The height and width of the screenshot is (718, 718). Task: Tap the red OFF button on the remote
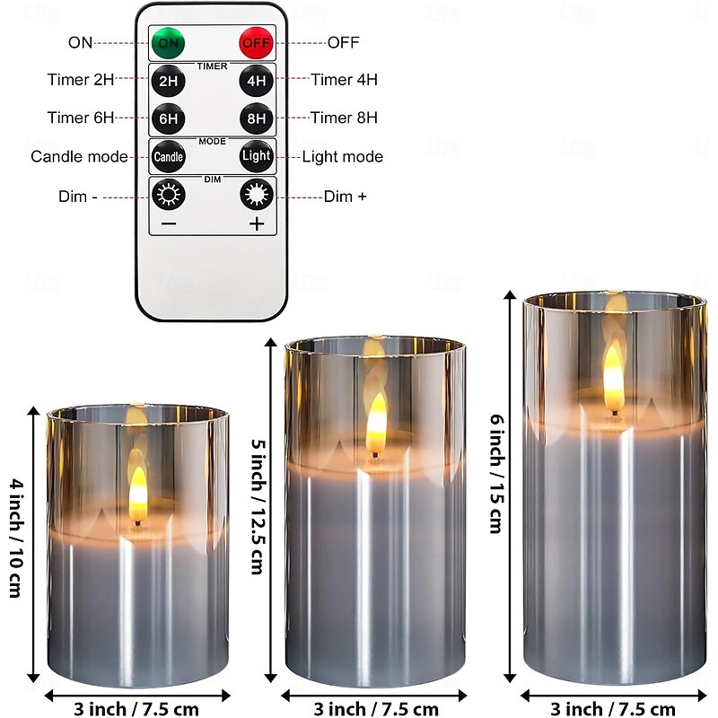pos(256,42)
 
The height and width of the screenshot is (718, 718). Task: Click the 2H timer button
pos(168,81)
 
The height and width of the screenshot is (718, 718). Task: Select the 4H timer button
pos(256,81)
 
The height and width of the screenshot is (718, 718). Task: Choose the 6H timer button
pos(168,118)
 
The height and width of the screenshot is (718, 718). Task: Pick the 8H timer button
pos(256,118)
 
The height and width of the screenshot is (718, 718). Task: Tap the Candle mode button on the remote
pos(168,156)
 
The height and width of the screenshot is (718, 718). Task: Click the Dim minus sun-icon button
pos(168,195)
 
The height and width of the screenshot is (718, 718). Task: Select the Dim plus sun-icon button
pos(257,195)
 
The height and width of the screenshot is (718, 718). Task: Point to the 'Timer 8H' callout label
pos(344,118)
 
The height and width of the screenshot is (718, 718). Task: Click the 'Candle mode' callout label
pos(79,156)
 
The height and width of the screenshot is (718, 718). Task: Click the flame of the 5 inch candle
pos(376,424)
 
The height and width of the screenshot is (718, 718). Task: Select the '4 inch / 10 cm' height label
pos(16,538)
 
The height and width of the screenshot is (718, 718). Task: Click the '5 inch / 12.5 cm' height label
pos(258,506)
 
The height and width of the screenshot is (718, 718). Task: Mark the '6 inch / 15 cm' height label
pos(497,473)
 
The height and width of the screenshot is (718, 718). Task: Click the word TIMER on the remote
pos(212,66)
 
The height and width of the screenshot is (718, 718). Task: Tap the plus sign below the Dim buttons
pos(257,223)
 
